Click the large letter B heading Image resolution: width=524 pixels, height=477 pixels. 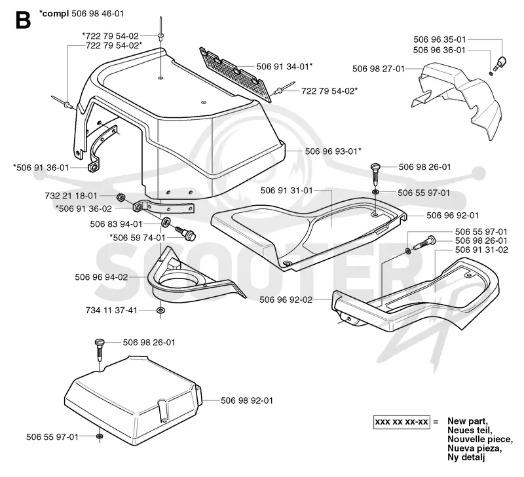23,20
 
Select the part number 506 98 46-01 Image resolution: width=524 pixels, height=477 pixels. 98,14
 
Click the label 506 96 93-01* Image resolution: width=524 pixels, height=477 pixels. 333,151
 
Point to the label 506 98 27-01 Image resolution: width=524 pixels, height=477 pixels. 379,69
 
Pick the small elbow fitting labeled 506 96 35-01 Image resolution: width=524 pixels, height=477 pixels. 501,62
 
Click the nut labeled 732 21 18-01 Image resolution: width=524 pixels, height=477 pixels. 121,198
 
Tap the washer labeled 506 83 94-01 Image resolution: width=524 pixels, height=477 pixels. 166,221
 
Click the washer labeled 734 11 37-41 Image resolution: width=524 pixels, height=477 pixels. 160,311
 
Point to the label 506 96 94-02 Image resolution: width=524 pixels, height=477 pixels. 102,277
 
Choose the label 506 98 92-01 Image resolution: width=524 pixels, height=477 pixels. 247,400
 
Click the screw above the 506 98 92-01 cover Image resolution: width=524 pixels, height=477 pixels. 100,350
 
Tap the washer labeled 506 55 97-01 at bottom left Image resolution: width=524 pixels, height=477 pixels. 100,436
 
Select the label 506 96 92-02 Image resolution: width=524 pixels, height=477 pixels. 286,300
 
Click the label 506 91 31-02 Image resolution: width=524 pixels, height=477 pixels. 481,250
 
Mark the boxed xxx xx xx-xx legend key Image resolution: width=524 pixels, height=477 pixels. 402,422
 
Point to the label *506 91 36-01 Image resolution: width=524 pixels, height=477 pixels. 41,168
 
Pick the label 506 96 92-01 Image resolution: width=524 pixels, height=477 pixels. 453,216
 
